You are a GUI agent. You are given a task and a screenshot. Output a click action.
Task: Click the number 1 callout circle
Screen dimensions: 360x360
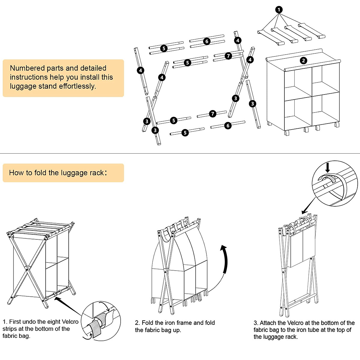pyautogui.click(x=279, y=10)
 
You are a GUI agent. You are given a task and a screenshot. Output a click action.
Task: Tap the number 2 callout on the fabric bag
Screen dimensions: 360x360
pyautogui.click(x=303, y=61)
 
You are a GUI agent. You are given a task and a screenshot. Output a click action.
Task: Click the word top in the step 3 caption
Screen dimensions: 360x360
pyautogui.click(x=340, y=330)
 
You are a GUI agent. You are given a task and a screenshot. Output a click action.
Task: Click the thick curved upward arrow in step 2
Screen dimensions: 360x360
pyautogui.click(x=225, y=258)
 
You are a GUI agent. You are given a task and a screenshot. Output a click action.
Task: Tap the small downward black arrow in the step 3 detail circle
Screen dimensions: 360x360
pyautogui.click(x=328, y=167)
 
